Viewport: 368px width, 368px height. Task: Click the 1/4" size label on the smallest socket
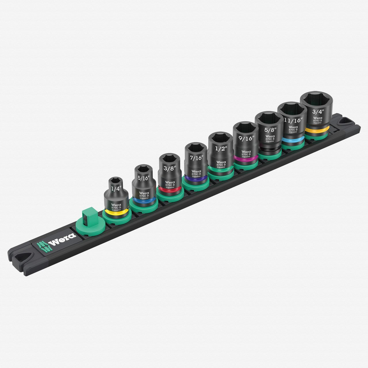pos(116,189)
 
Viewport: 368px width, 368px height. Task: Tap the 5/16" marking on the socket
pos(144,178)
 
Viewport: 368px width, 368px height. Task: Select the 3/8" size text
pos(169,168)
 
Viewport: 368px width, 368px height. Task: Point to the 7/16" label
pos(196,158)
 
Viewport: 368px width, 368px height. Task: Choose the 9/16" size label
pos(246,138)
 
